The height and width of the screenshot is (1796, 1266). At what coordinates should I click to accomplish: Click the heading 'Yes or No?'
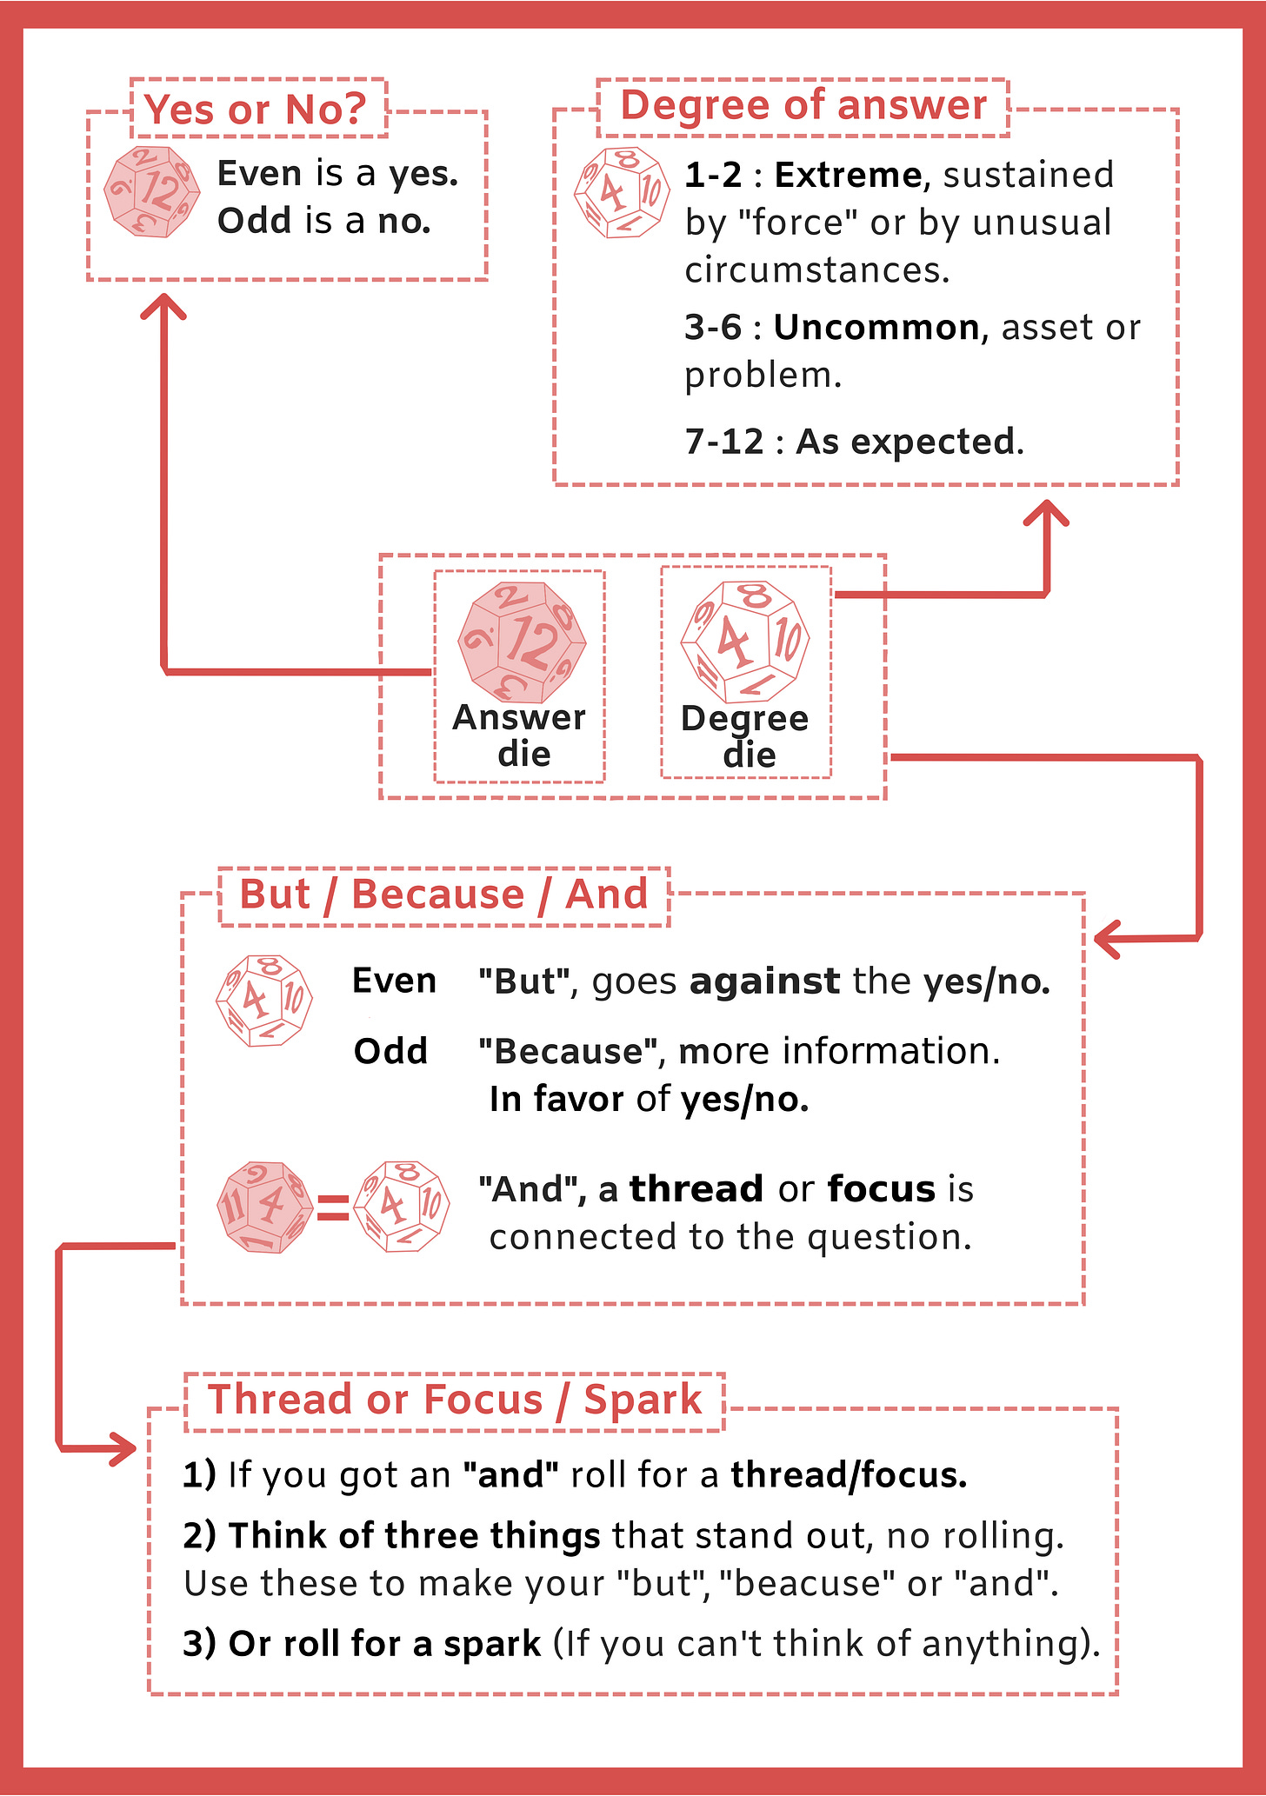click(x=257, y=110)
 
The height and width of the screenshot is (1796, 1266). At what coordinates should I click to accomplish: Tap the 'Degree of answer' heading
click(x=803, y=106)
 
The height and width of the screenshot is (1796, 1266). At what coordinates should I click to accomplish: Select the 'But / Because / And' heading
click(x=443, y=895)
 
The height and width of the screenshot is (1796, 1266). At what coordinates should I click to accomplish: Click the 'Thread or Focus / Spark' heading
click(x=455, y=1400)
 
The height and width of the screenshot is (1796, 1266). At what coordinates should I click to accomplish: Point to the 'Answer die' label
click(x=520, y=735)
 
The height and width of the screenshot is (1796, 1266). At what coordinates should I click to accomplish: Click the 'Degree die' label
click(x=745, y=736)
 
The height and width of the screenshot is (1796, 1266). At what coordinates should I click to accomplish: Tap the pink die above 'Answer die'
click(x=522, y=642)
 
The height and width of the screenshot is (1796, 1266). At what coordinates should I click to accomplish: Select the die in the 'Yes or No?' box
click(x=152, y=191)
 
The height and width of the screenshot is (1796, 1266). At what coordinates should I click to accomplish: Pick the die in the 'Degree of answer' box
click(x=622, y=192)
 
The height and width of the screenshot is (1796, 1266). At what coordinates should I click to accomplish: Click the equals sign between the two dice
click(x=333, y=1207)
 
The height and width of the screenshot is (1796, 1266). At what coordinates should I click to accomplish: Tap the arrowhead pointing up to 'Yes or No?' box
click(x=163, y=304)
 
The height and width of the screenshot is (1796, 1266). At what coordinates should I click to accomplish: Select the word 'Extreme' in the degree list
click(x=848, y=176)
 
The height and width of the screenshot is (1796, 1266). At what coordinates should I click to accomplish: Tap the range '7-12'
click(x=723, y=442)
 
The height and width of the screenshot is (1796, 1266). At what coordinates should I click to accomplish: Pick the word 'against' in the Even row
click(x=764, y=982)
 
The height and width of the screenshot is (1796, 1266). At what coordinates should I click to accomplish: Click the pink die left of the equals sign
click(x=264, y=1207)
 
